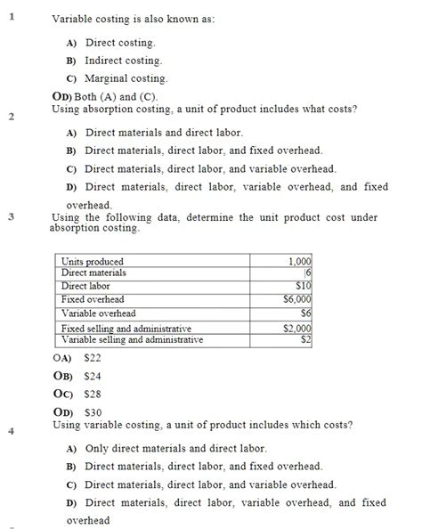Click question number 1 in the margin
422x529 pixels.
click(x=12, y=14)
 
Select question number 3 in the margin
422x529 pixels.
click(x=12, y=216)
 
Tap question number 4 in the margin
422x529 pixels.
click(x=12, y=431)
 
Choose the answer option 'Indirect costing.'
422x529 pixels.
click(x=123, y=61)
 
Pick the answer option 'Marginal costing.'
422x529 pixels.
click(x=126, y=78)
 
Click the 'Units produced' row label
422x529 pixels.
click(x=93, y=261)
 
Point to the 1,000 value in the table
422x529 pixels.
click(x=301, y=261)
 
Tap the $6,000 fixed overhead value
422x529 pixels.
click(x=297, y=300)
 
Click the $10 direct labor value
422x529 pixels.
click(x=304, y=286)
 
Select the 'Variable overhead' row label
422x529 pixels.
click(x=98, y=313)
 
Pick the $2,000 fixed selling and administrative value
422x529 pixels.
click(x=297, y=329)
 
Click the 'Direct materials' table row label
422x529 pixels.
click(x=93, y=273)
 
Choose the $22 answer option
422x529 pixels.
click(x=93, y=357)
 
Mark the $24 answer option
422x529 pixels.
click(x=93, y=376)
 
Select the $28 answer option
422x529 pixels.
click(x=93, y=394)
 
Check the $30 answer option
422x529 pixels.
click(x=93, y=412)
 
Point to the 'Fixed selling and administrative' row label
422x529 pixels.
click(x=126, y=329)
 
